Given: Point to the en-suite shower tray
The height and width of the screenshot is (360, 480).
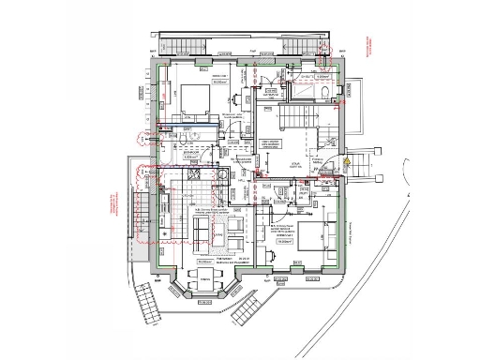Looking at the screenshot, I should coord(306,94).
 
